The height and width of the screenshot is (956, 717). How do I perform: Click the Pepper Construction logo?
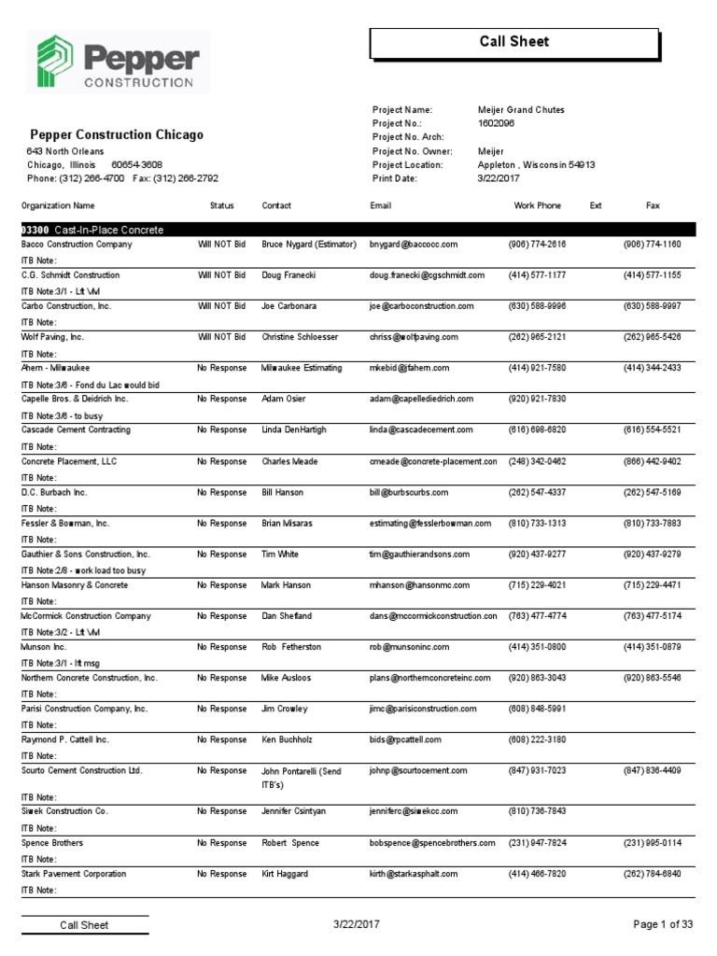click(118, 63)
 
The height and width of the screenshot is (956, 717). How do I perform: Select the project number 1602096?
click(496, 123)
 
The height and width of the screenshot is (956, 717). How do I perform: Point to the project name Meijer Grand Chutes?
click(521, 110)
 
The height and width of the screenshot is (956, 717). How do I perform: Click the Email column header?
click(381, 205)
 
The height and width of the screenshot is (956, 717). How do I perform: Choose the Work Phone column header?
click(537, 205)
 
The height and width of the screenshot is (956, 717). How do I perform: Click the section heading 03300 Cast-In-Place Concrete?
click(92, 230)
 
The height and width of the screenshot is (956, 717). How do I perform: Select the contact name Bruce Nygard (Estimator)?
click(309, 245)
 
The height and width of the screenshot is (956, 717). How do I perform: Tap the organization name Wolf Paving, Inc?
click(52, 337)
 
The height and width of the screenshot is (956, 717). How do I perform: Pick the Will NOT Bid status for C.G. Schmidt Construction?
click(221, 275)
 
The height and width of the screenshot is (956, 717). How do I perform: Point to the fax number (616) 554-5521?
click(652, 430)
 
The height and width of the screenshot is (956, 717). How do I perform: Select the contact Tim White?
click(280, 555)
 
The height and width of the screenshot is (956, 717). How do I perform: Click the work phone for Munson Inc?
click(537, 647)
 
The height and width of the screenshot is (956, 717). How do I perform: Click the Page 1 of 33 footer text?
click(663, 925)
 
